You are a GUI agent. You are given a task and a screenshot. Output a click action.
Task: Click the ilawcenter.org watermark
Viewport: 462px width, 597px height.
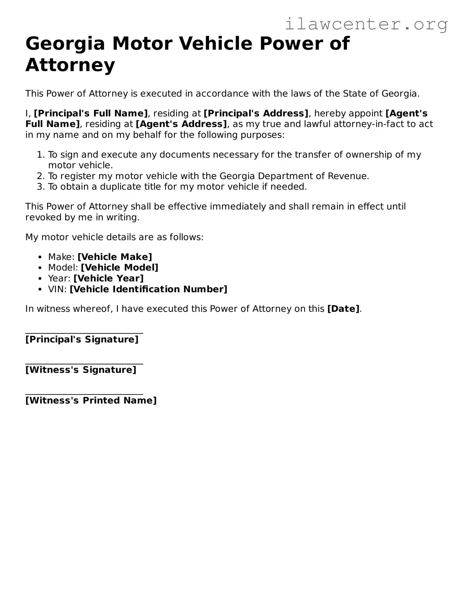tap(366, 24)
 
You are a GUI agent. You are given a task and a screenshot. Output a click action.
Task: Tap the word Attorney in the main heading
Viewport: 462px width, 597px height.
tap(70, 65)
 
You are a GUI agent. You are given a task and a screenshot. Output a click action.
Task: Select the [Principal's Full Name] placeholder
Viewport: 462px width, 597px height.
tap(91, 113)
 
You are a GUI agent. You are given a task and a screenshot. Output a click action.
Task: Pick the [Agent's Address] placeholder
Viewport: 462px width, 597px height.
tap(181, 124)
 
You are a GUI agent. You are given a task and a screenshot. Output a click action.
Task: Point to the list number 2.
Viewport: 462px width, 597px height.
tap(40, 176)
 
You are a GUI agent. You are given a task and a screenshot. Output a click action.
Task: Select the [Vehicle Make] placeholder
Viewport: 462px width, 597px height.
tap(115, 257)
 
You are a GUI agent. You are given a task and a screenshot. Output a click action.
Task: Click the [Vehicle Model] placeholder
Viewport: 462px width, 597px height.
tap(120, 268)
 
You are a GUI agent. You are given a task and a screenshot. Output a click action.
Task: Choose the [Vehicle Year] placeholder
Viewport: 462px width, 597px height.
tap(108, 279)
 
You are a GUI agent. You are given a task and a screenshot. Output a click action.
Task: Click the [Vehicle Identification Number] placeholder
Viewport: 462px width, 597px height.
tap(148, 289)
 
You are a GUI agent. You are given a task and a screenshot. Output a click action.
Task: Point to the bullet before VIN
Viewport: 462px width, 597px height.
tap(40, 290)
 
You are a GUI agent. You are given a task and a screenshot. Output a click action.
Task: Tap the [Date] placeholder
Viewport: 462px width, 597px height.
tap(343, 309)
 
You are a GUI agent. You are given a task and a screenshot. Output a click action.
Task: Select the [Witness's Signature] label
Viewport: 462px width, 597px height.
tap(81, 370)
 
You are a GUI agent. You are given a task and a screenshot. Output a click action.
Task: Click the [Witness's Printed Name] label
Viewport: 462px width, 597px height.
tap(91, 401)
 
